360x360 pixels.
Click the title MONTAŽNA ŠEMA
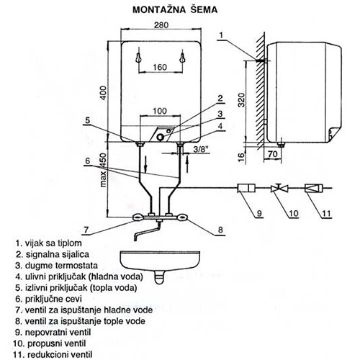pos(175,9)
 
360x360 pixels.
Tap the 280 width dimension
pos(161,25)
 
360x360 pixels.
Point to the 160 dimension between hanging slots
pos(160,67)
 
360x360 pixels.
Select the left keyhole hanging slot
pos(138,58)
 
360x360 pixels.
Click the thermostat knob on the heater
pos(160,137)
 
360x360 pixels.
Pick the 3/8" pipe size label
pos(200,150)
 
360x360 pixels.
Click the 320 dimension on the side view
pos(241,99)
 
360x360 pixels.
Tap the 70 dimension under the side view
pos(273,154)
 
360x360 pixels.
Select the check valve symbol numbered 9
pos(246,188)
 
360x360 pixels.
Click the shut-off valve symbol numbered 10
pos(279,188)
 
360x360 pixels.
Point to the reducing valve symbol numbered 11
pos(313,188)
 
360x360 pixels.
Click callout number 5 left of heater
pos(88,120)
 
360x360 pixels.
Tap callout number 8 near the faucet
pos(220,230)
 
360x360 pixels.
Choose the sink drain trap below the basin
pos(159,277)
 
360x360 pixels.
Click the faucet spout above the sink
pos(147,232)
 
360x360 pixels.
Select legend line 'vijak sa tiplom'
pos(49,243)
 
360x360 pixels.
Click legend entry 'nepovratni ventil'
pos(53,333)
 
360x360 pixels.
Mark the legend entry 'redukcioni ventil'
pos(53,354)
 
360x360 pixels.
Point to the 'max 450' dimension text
pos(103,170)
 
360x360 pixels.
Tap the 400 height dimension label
pos(103,93)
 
